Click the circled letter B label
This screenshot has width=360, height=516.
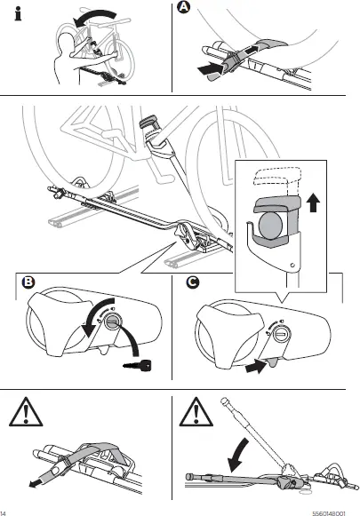(x=28, y=282)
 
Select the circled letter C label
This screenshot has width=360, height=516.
(x=193, y=282)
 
